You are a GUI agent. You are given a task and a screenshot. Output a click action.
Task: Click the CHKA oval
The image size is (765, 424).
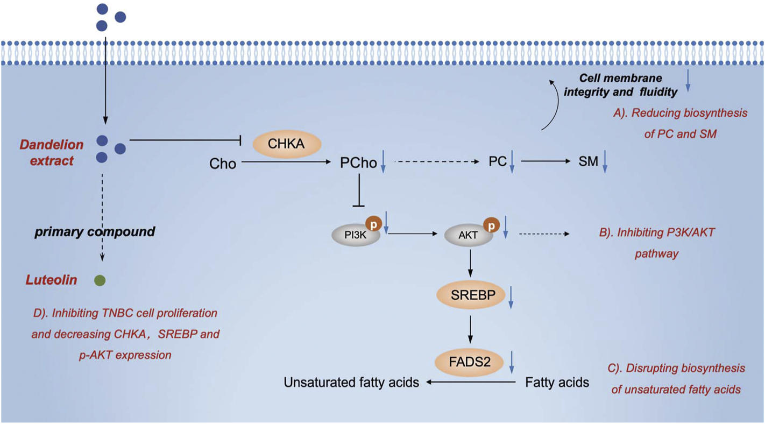tap(286, 144)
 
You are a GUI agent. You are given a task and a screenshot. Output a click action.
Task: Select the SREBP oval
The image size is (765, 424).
tap(471, 294)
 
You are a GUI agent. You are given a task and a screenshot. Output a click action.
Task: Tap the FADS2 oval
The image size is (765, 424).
tap(470, 362)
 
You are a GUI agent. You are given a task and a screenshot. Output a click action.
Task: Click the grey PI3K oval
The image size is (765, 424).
tap(355, 235)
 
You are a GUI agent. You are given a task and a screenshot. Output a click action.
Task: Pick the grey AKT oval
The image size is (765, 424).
tap(468, 235)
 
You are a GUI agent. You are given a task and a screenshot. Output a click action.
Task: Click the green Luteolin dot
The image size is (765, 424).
tap(100, 280)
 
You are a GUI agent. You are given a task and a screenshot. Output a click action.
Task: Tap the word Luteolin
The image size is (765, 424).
tap(51, 280)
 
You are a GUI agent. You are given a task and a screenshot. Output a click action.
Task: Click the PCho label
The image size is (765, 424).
tap(358, 162)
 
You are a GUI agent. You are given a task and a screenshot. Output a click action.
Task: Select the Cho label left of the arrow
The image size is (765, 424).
tap(223, 164)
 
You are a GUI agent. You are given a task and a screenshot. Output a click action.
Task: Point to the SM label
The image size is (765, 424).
tap(588, 161)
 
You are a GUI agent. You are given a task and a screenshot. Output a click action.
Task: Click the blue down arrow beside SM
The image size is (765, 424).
tap(605, 162)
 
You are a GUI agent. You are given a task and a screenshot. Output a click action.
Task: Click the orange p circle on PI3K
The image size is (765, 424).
tap(374, 223)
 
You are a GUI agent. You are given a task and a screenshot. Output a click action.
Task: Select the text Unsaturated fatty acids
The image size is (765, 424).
tap(351, 383)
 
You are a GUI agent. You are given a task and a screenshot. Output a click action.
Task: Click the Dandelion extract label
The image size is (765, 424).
tap(52, 152)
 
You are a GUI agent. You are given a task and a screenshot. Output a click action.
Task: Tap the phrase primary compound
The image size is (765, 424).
tap(95, 232)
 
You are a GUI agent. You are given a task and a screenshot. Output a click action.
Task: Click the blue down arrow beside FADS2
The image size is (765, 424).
tap(512, 362)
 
